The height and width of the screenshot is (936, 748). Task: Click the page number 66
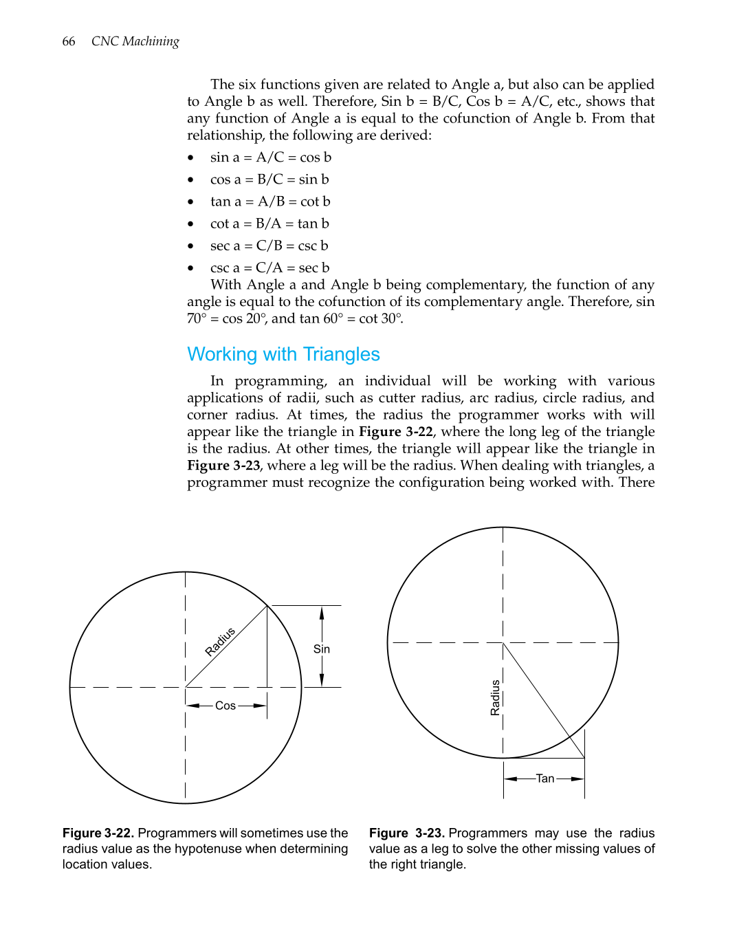coord(69,41)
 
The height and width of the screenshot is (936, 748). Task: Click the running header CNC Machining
coord(135,41)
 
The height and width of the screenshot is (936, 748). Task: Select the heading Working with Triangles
coord(283,354)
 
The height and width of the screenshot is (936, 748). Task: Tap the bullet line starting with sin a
coord(270,157)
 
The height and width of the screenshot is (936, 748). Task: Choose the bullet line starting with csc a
coord(269,268)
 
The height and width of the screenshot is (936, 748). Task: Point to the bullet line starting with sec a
coord(269,246)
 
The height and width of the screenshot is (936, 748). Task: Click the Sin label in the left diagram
coord(322,649)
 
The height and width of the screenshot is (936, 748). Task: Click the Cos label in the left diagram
coord(225,706)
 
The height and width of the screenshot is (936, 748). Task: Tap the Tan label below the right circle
coord(545,779)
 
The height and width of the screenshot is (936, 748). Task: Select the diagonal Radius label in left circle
coord(220,642)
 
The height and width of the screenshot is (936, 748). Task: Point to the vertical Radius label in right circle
coord(495,697)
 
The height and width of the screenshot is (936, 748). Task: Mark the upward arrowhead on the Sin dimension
coord(322,612)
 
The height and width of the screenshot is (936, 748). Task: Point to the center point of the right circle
coord(503,643)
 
